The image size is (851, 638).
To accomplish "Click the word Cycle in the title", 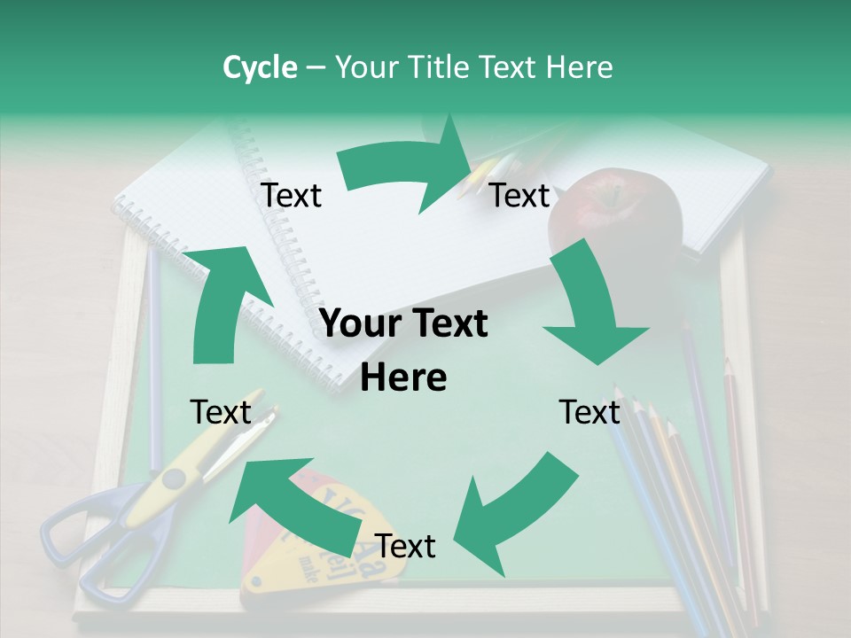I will [260, 67].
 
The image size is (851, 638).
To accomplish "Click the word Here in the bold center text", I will [403, 378].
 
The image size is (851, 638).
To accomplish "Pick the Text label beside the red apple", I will [519, 195].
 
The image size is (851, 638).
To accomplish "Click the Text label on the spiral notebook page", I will [291, 195].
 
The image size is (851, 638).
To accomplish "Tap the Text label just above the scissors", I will [222, 412].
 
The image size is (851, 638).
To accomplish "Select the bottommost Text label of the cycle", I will [405, 547].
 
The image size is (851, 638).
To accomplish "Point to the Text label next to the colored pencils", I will [589, 412].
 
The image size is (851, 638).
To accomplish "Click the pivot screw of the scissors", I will [173, 479].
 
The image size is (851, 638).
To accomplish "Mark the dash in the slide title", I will [316, 68].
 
